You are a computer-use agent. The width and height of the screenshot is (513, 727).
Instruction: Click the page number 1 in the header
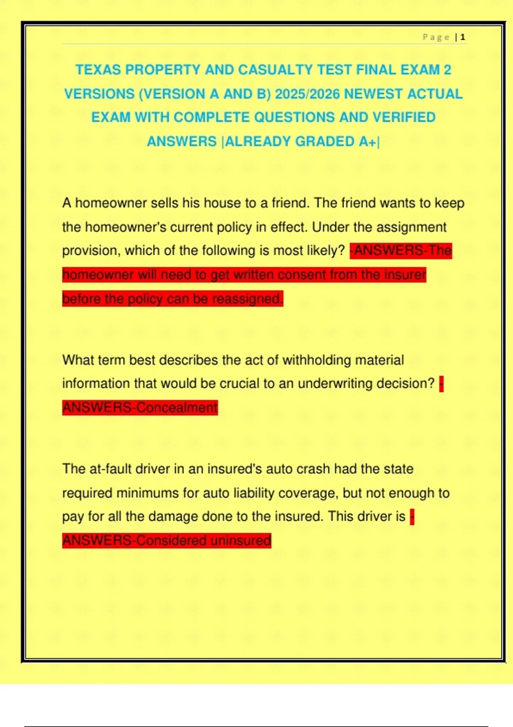463,37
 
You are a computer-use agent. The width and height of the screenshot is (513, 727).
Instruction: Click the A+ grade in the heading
367,141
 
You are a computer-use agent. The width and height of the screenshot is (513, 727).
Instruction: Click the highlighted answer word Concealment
177,407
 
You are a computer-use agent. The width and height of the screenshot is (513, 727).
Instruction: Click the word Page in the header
436,37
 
